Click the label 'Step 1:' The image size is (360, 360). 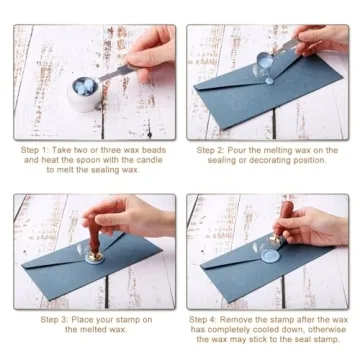pyautogui.click(x=35, y=148)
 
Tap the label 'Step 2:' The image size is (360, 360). pyautogui.click(x=213, y=148)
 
